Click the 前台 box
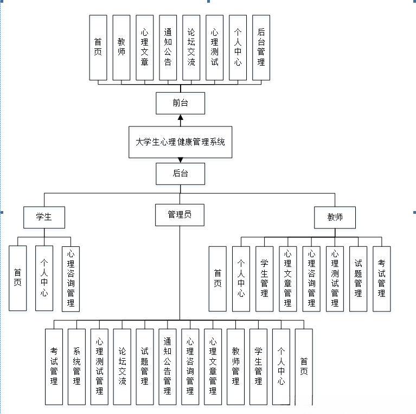click(180, 103)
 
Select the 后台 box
click(180, 174)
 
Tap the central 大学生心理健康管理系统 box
click(180, 142)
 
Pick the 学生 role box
click(44, 217)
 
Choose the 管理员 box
click(180, 214)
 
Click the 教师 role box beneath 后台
click(335, 217)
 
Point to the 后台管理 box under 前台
click(261, 48)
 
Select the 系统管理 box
click(76, 367)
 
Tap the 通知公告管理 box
click(168, 367)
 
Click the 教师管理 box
click(235, 367)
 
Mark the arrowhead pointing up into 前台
click(180, 117)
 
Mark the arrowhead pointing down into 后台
click(180, 160)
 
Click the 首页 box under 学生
click(18, 278)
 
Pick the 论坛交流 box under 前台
click(191, 48)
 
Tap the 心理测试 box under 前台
click(214, 48)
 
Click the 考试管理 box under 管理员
click(54, 367)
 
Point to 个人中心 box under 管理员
click(281, 367)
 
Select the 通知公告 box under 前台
click(168, 48)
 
